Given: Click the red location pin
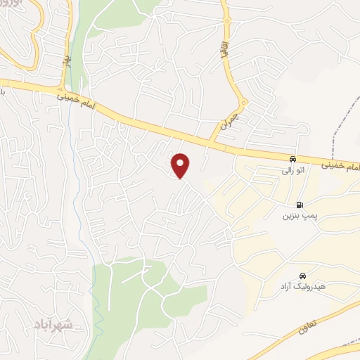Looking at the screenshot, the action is pos(181,165).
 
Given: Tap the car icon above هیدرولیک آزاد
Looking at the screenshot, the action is pos(302,276).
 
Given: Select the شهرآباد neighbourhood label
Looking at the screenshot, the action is pos(53,325).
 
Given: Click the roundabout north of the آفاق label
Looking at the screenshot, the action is pos(226,21).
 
